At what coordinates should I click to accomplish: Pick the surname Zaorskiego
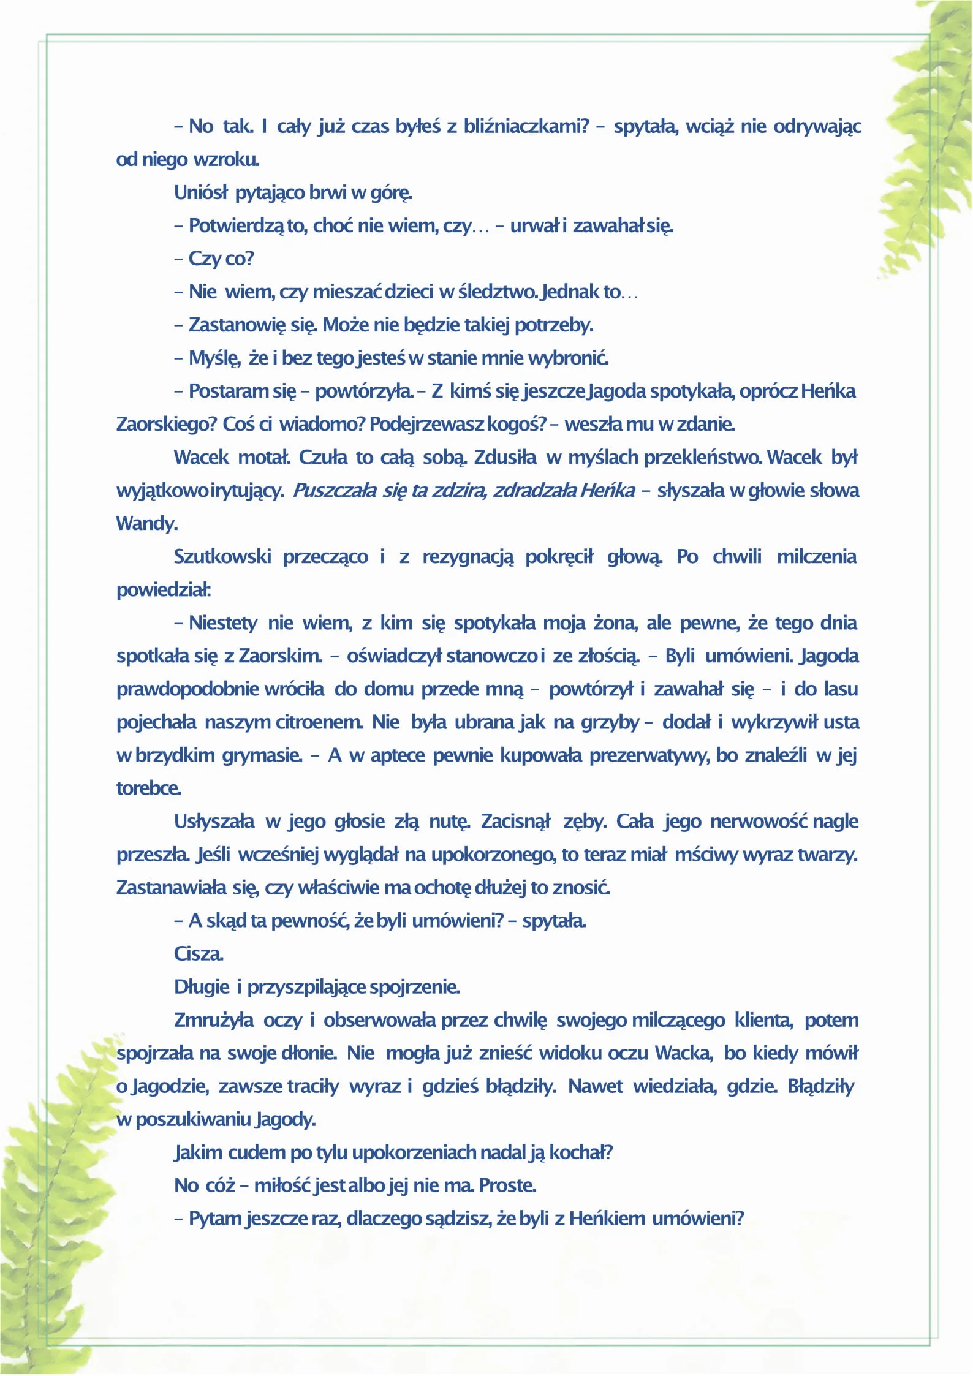click(165, 424)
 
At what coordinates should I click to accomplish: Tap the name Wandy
click(147, 523)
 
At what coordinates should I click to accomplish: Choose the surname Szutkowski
click(222, 556)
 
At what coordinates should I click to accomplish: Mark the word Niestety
click(223, 622)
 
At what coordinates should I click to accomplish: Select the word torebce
click(149, 788)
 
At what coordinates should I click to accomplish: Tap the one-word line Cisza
click(199, 953)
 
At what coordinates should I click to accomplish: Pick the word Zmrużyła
click(214, 1019)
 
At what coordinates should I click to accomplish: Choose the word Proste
click(507, 1185)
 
